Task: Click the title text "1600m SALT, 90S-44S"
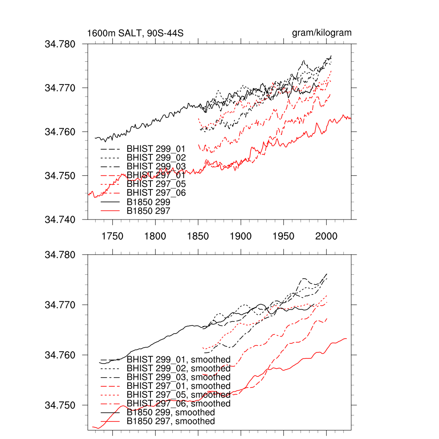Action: (135, 33)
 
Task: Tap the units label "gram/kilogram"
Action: (322, 33)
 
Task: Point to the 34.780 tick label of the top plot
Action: (60, 44)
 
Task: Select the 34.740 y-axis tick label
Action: (60, 219)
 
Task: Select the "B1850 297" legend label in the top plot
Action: (149, 211)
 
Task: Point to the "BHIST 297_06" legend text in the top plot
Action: (156, 193)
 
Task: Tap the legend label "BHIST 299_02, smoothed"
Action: (178, 368)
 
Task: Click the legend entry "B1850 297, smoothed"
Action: (171, 421)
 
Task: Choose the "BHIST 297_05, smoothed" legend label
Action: (178, 395)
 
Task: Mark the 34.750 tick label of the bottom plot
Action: (60, 405)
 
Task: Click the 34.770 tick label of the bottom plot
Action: (60, 305)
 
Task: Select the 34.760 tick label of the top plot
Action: (60, 132)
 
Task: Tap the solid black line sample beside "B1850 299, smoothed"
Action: (109, 412)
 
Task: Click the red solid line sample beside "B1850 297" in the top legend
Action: (109, 211)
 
